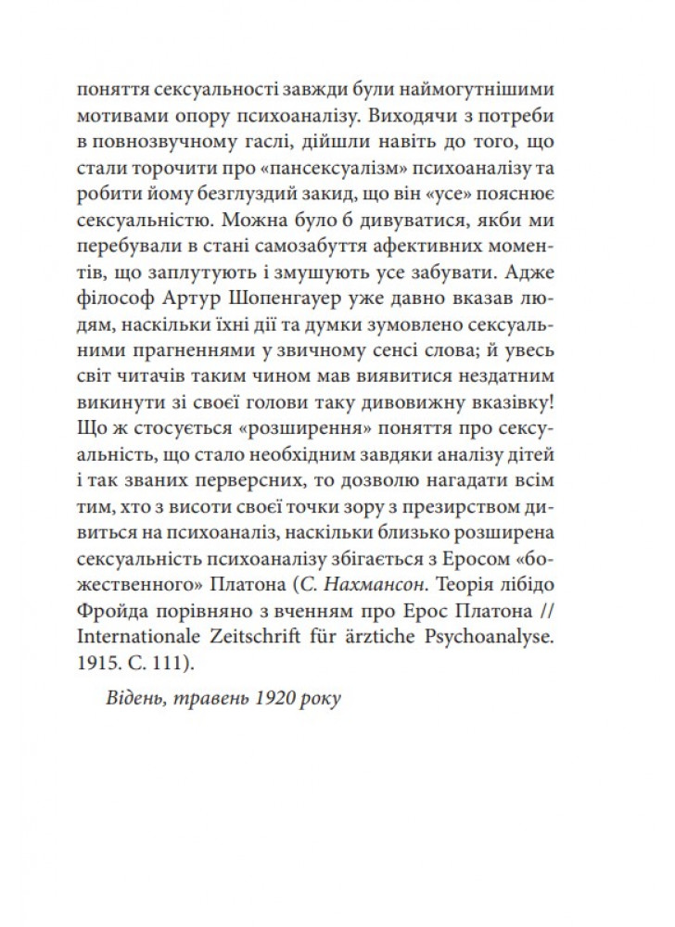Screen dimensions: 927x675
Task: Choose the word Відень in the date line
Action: pyautogui.click(x=137, y=699)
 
